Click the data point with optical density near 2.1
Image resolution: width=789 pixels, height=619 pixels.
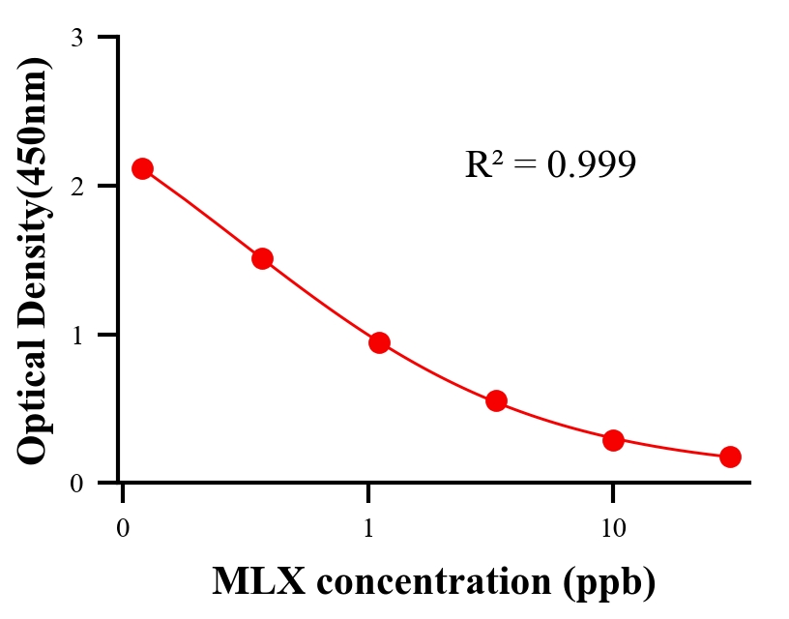coord(142,168)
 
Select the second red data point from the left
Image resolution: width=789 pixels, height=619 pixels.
coord(262,258)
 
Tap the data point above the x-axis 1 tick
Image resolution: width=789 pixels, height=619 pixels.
coord(379,342)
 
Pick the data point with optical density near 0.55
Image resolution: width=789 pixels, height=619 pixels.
coord(496,400)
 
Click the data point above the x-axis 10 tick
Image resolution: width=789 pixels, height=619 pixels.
coord(613,440)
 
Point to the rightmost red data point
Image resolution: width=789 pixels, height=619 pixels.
coord(730,457)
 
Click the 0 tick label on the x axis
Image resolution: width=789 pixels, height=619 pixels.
coord(123,529)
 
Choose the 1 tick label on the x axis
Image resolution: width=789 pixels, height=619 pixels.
coord(368,529)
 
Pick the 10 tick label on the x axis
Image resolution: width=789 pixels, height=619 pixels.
coord(613,529)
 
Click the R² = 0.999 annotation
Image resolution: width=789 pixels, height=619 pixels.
coord(550,164)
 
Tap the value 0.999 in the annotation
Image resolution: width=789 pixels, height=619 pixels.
coord(591,165)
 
